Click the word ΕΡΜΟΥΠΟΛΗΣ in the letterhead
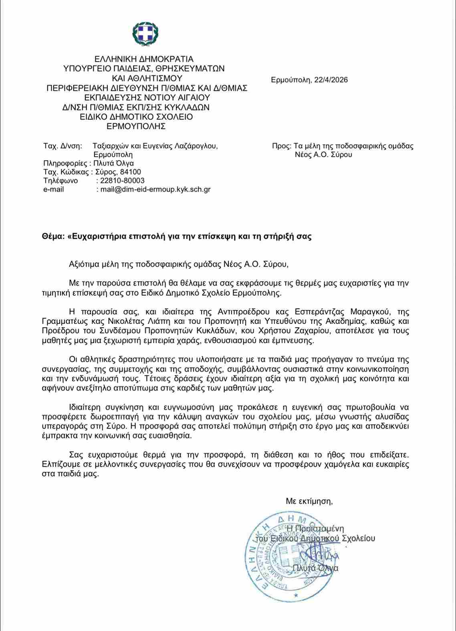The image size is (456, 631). [136, 127]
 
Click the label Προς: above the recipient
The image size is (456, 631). [281, 146]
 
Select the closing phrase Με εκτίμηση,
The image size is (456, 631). [309, 501]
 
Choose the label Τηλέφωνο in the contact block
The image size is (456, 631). [61, 181]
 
